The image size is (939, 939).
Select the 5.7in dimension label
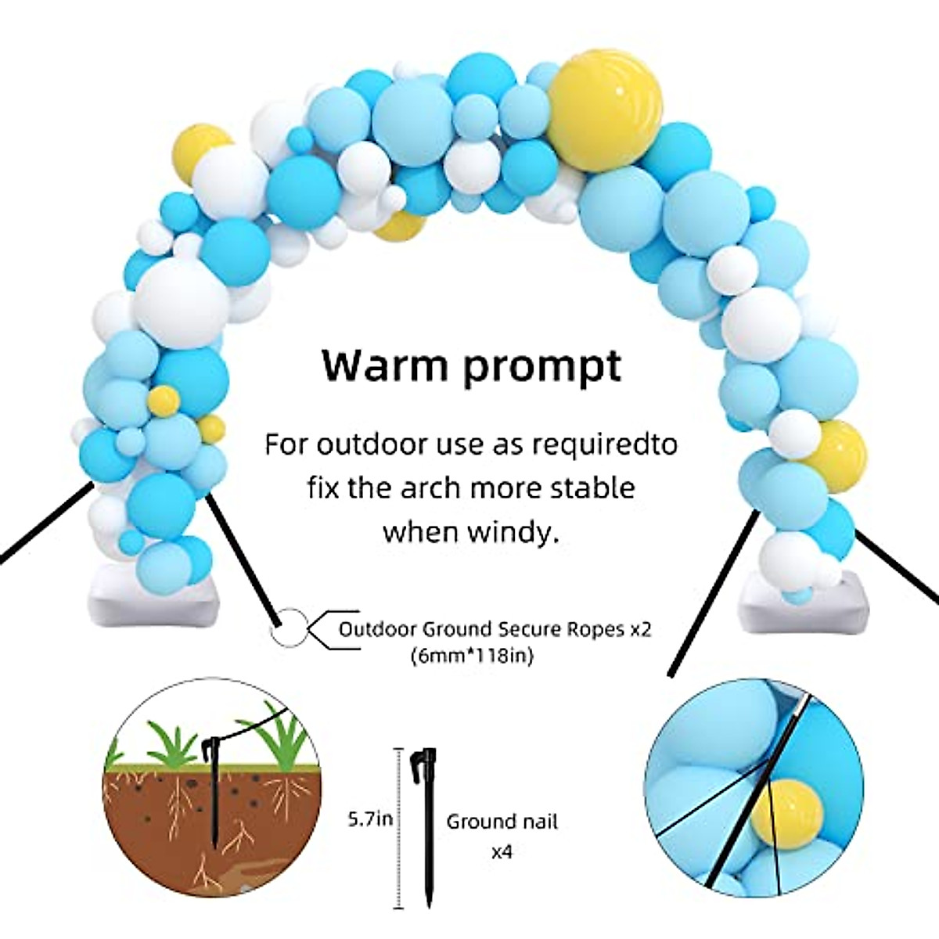point(371,820)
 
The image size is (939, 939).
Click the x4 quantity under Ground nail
point(502,851)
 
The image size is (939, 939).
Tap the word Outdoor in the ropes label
point(375,629)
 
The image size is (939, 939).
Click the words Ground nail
point(502,822)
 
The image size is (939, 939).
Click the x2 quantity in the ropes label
point(641,629)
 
